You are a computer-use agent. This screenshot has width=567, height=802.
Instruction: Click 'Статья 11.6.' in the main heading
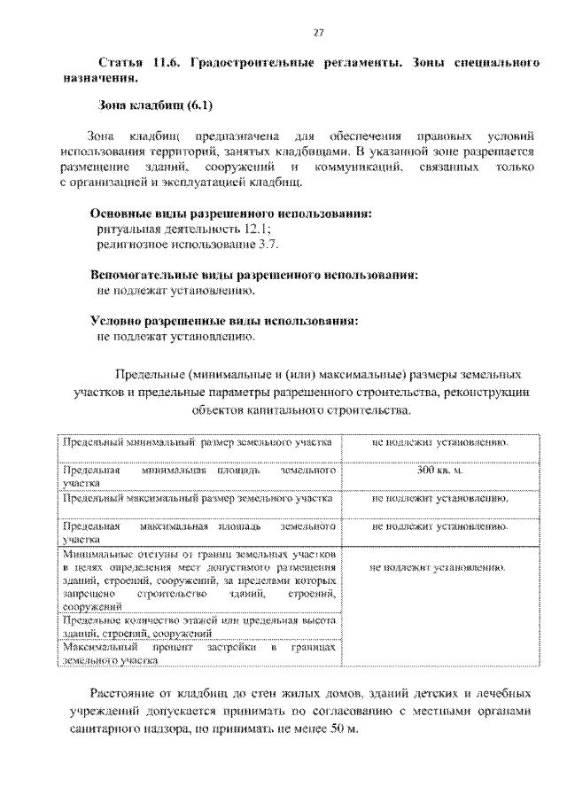138,65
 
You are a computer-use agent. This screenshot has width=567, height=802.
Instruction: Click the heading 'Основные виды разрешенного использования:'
231,214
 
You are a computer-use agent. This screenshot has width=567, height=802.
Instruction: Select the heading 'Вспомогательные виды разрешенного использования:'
254,275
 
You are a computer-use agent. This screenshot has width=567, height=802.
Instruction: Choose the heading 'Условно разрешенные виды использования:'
225,321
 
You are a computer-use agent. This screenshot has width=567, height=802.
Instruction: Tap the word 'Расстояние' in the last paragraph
124,693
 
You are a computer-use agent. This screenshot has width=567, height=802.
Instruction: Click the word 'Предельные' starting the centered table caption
150,373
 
